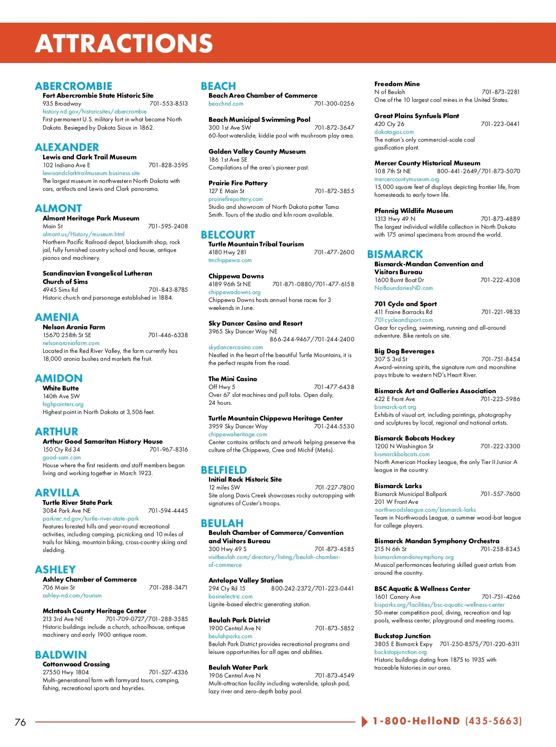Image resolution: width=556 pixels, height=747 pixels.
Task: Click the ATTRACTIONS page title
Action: click(124, 44)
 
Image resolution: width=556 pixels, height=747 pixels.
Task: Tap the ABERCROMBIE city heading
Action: click(74, 86)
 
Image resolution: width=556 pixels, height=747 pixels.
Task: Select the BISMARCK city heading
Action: click(395, 254)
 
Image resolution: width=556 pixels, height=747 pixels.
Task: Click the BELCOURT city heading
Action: click(228, 235)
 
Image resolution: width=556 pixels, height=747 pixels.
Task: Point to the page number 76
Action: click(20, 722)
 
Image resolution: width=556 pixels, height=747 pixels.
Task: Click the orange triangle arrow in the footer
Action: click(365, 722)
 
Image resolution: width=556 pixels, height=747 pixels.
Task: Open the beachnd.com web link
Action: click(226, 104)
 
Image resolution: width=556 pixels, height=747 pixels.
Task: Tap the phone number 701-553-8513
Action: click(169, 104)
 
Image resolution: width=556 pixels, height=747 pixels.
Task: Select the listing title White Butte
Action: click(61, 388)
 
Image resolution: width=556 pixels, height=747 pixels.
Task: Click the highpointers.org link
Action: click(63, 404)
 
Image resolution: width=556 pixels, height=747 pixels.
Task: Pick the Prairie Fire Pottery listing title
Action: click(238, 183)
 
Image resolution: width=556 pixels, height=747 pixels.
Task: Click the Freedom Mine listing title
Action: click(397, 84)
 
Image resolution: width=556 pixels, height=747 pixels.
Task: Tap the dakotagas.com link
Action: click(394, 132)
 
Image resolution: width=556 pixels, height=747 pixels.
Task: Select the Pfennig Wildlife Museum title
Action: click(414, 211)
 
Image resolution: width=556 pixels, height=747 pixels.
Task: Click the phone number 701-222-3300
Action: click(500, 446)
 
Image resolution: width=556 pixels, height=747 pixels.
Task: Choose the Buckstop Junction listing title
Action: click(402, 636)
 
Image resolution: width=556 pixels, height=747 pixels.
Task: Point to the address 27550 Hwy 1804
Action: click(66, 672)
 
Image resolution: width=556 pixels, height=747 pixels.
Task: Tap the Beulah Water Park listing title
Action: click(238, 667)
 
